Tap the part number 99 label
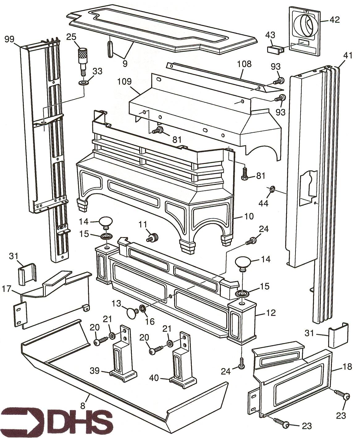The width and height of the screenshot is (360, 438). [x=10, y=39]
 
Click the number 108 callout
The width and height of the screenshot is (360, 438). [x=244, y=64]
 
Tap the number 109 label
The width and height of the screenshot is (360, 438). [x=124, y=82]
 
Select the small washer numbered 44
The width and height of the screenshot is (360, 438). [x=272, y=189]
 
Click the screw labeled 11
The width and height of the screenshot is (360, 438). [x=152, y=238]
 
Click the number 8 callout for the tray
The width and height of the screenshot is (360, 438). [x=82, y=402]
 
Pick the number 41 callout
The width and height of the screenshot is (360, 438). [x=348, y=56]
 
